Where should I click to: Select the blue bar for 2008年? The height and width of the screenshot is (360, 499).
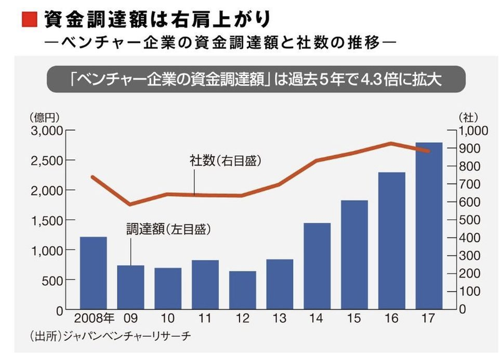[93, 273]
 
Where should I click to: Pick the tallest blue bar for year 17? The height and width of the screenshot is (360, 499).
[429, 226]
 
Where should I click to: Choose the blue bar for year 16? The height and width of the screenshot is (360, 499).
[392, 241]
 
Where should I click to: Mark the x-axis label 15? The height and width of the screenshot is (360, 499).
[354, 319]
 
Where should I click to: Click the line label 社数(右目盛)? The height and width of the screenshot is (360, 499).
[225, 160]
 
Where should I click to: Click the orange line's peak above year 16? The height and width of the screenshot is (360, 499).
[391, 144]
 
